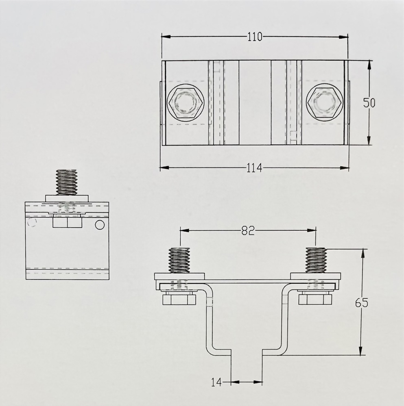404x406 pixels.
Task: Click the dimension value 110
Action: tap(255, 37)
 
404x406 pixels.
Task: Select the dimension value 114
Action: tap(254, 167)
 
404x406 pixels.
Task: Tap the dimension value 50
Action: tap(369, 102)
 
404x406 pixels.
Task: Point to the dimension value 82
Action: tap(247, 230)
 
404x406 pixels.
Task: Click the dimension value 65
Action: tap(361, 303)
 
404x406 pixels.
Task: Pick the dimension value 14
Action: tap(216, 382)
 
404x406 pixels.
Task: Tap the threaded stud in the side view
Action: tap(66, 182)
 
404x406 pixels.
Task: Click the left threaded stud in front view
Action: tap(179, 261)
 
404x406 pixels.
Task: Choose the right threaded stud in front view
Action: tap(316, 261)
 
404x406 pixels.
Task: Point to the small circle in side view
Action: tap(100, 224)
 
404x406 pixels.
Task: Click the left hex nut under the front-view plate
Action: tap(179, 300)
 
